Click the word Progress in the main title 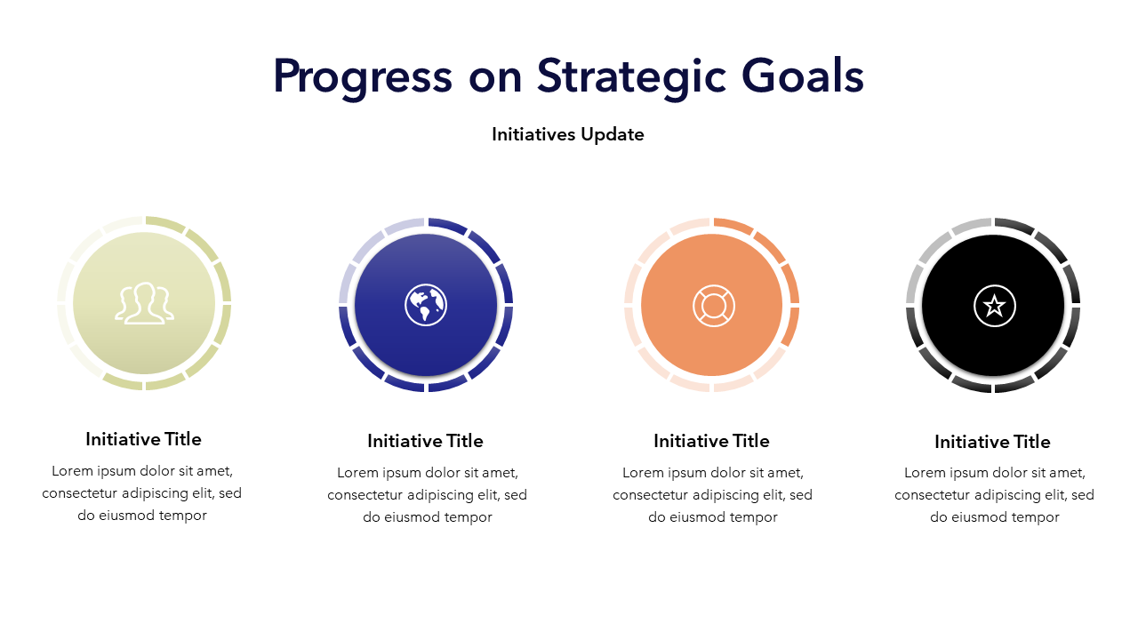click(x=362, y=77)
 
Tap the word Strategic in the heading click(x=631, y=77)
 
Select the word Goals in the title click(x=803, y=76)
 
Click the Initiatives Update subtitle click(x=568, y=134)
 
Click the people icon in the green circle click(x=144, y=303)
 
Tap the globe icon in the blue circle click(x=426, y=305)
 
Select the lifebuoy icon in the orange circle click(x=713, y=305)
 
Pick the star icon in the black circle click(x=994, y=306)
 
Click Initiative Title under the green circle click(x=143, y=439)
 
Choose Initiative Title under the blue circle click(x=425, y=441)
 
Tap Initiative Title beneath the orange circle click(x=711, y=441)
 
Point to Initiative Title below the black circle click(x=992, y=442)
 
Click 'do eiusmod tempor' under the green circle click(x=142, y=516)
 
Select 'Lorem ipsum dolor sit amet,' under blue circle click(x=428, y=473)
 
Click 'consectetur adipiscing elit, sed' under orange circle click(x=712, y=495)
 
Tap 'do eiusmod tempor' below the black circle click(x=995, y=517)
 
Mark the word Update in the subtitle click(x=613, y=134)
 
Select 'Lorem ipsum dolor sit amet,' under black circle click(x=995, y=473)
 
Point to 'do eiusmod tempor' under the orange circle click(x=713, y=517)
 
